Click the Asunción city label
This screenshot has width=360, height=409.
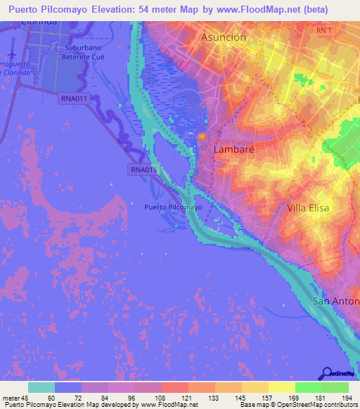point(223,37)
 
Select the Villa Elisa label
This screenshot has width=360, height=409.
point(308,208)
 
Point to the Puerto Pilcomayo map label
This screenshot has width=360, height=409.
point(172,207)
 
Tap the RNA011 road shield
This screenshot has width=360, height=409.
point(74,99)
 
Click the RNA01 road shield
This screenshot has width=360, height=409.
point(142,169)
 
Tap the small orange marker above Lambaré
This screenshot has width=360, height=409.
point(202,137)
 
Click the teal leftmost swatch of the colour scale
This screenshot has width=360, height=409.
point(41,387)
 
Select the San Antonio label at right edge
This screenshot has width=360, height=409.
point(335,301)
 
